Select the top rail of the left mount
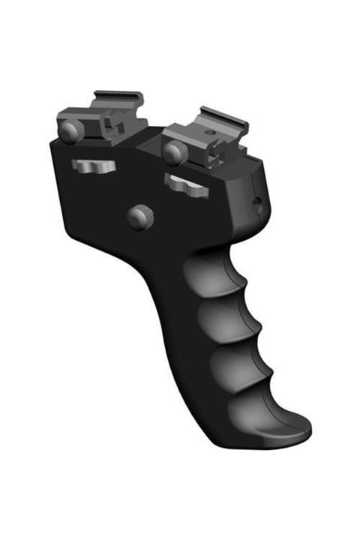point(118,97)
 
